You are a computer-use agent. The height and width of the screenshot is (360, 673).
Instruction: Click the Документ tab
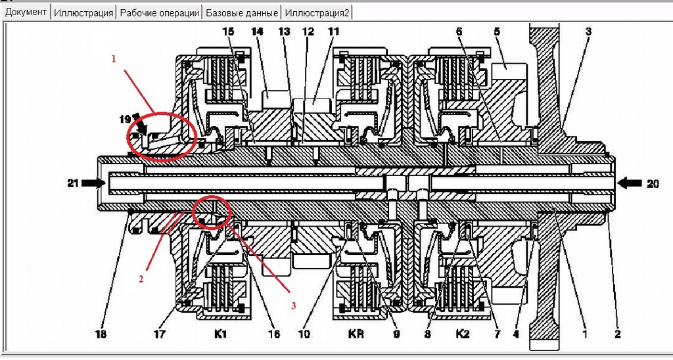coord(26,12)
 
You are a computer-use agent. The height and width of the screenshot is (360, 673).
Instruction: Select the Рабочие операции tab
coord(160,12)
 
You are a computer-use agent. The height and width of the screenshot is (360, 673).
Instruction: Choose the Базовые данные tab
coord(241,12)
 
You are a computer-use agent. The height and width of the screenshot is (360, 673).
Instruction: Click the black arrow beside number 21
coord(94,183)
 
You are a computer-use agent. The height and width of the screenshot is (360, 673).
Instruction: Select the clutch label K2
coord(463,334)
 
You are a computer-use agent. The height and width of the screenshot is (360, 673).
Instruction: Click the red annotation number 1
coord(114,58)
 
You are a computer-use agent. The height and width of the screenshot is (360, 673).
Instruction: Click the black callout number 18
coord(100,334)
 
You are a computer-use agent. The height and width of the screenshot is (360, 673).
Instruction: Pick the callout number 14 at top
coord(256,31)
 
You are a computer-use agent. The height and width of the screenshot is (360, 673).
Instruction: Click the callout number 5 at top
coord(497,31)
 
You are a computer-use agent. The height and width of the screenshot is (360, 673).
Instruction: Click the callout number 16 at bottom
coord(274,334)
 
